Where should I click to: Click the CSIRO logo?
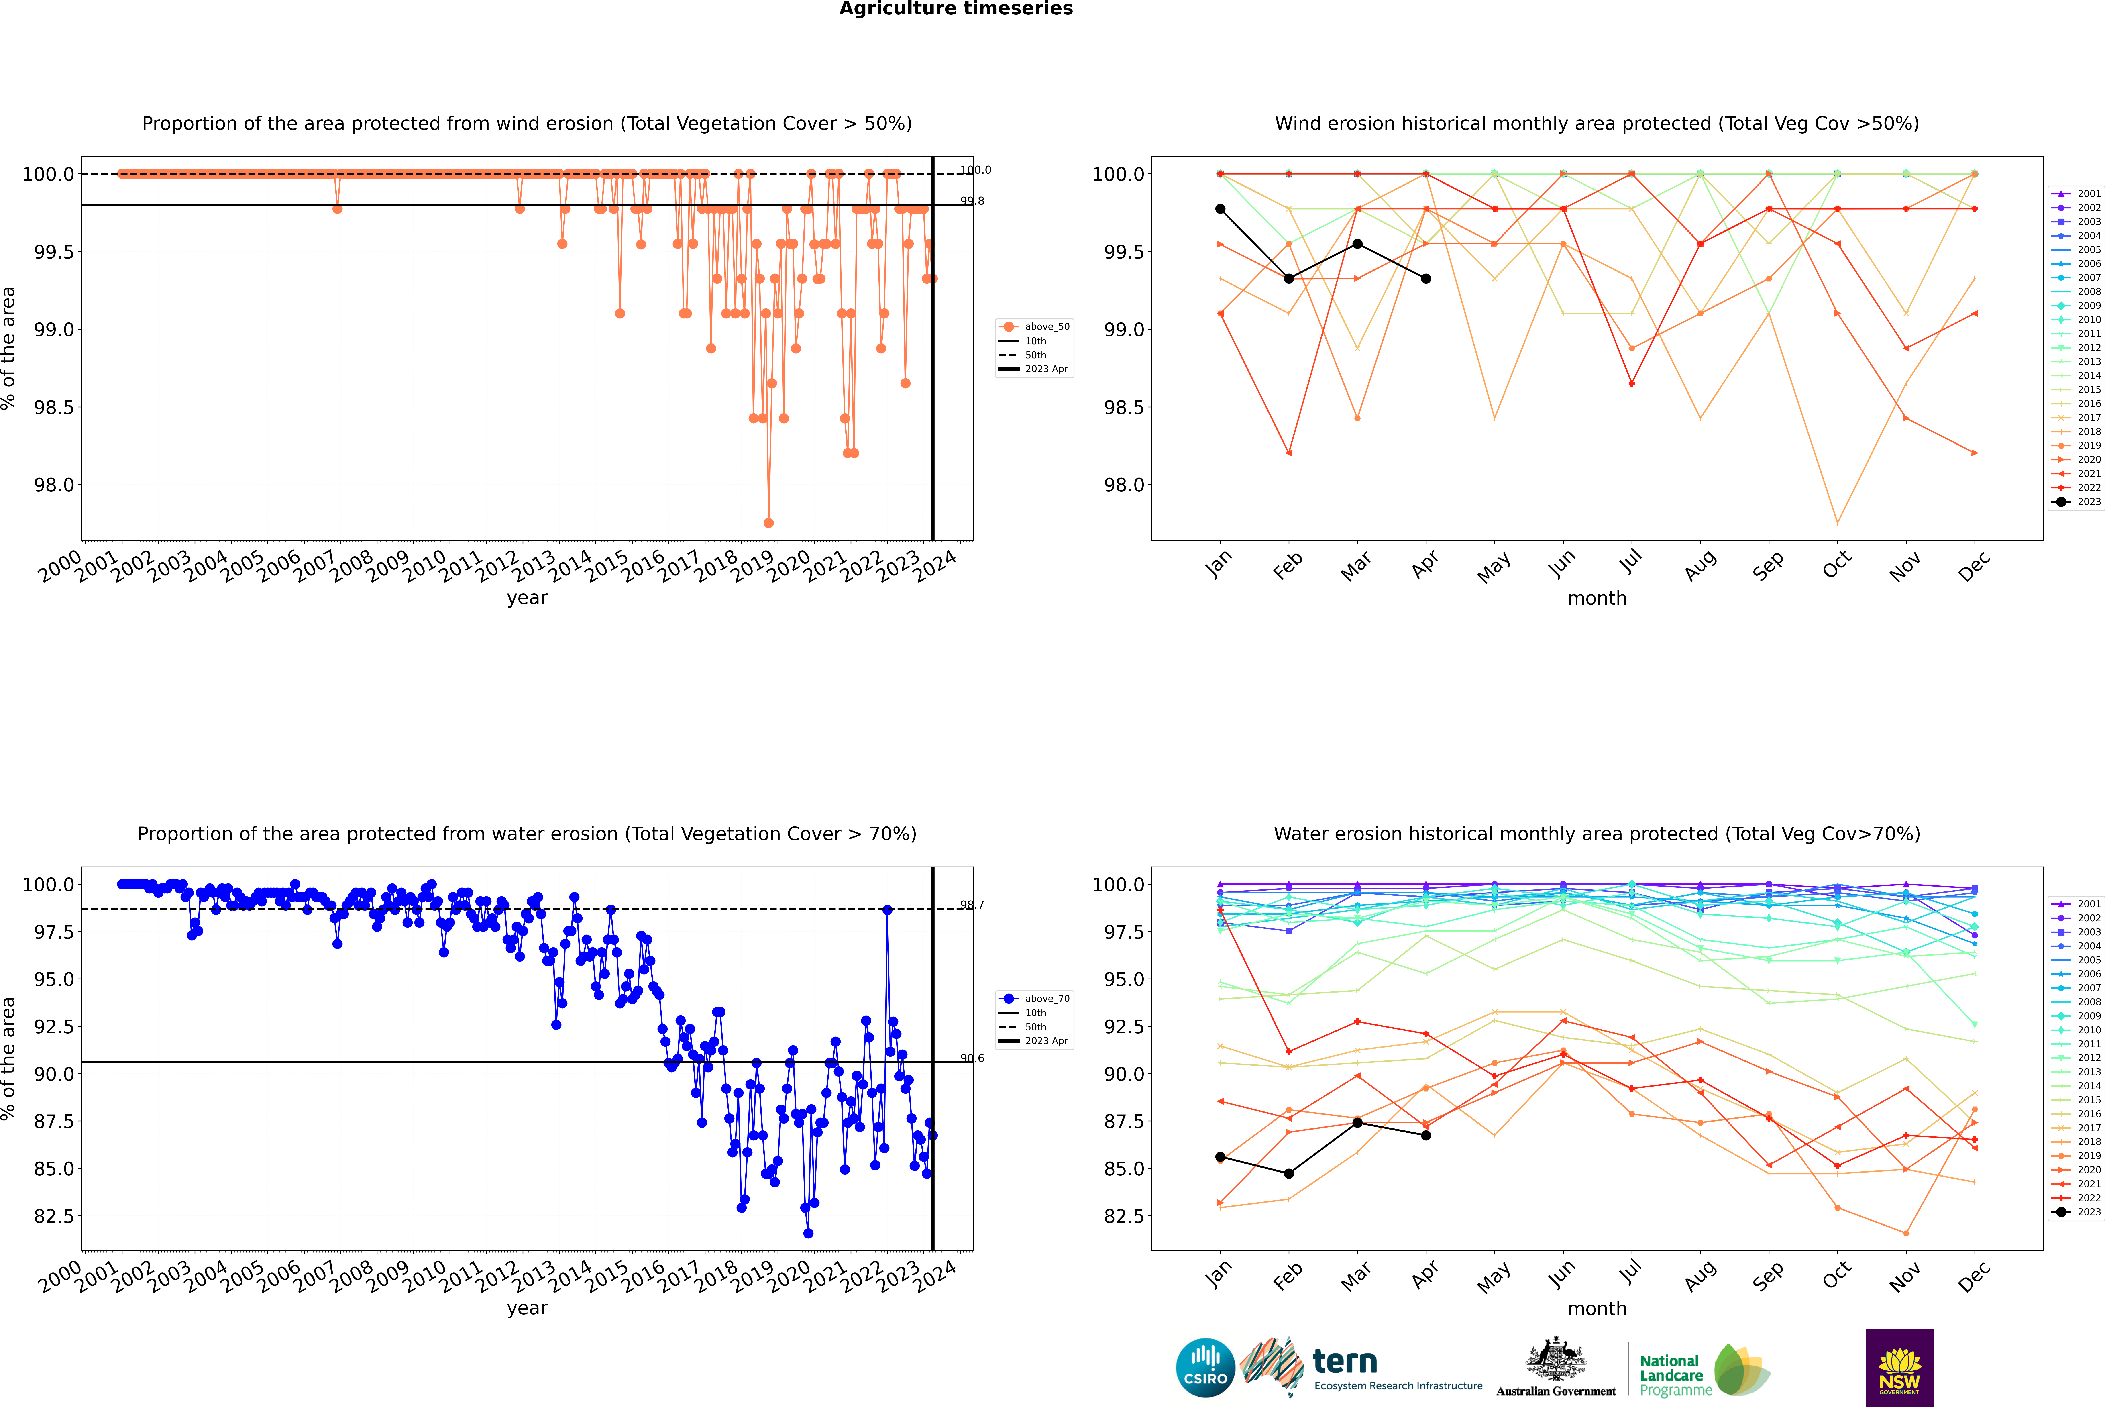pyautogui.click(x=1205, y=1368)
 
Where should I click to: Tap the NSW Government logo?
pyautogui.click(x=1899, y=1368)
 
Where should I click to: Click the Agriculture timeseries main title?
pyautogui.click(x=956, y=9)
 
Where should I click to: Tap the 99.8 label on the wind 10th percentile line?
pyautogui.click(x=972, y=201)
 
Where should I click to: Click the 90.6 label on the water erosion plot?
pyautogui.click(x=972, y=1058)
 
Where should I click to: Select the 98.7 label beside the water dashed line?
pyautogui.click(x=972, y=905)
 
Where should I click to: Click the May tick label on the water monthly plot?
pyautogui.click(x=1493, y=1276)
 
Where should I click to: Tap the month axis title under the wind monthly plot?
pyautogui.click(x=1596, y=599)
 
